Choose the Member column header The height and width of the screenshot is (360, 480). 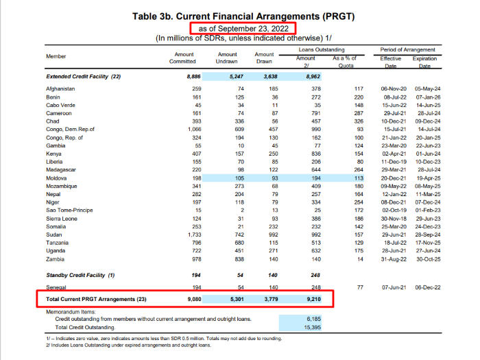(x=56, y=56)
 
